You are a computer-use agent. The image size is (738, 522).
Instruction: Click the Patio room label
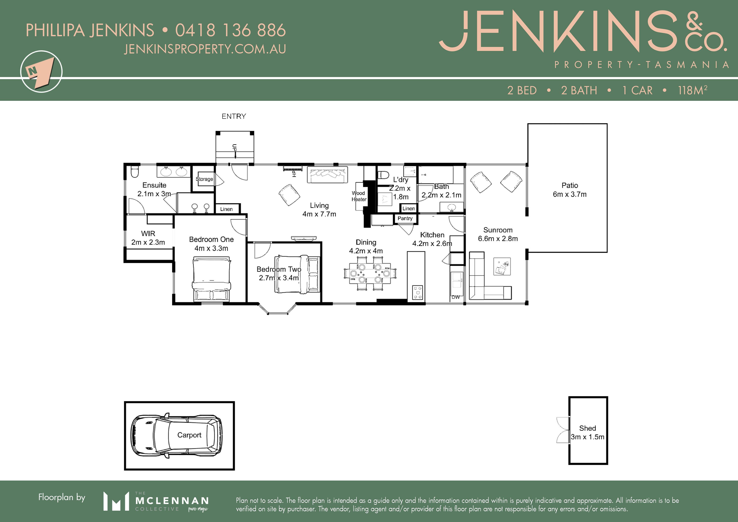tap(570, 185)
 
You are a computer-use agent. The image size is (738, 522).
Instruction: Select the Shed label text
tap(588, 428)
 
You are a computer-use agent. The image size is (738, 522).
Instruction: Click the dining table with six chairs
tap(370, 274)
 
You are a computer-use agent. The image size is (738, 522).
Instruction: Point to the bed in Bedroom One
tap(211, 279)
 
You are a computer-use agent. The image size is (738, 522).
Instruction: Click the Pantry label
tap(405, 218)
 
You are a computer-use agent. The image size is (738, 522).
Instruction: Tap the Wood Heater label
tap(359, 196)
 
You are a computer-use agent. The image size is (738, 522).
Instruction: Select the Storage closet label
tap(204, 179)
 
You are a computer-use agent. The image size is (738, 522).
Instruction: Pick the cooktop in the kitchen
tap(418, 293)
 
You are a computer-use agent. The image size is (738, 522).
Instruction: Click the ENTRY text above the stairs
tap(234, 116)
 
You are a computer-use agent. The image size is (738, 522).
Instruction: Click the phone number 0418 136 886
tap(230, 30)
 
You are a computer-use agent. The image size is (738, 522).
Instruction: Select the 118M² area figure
tap(693, 90)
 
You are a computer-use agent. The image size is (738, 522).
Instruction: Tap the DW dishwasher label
tap(455, 297)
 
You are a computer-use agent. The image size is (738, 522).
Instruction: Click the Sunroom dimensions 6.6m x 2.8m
tap(498, 238)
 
